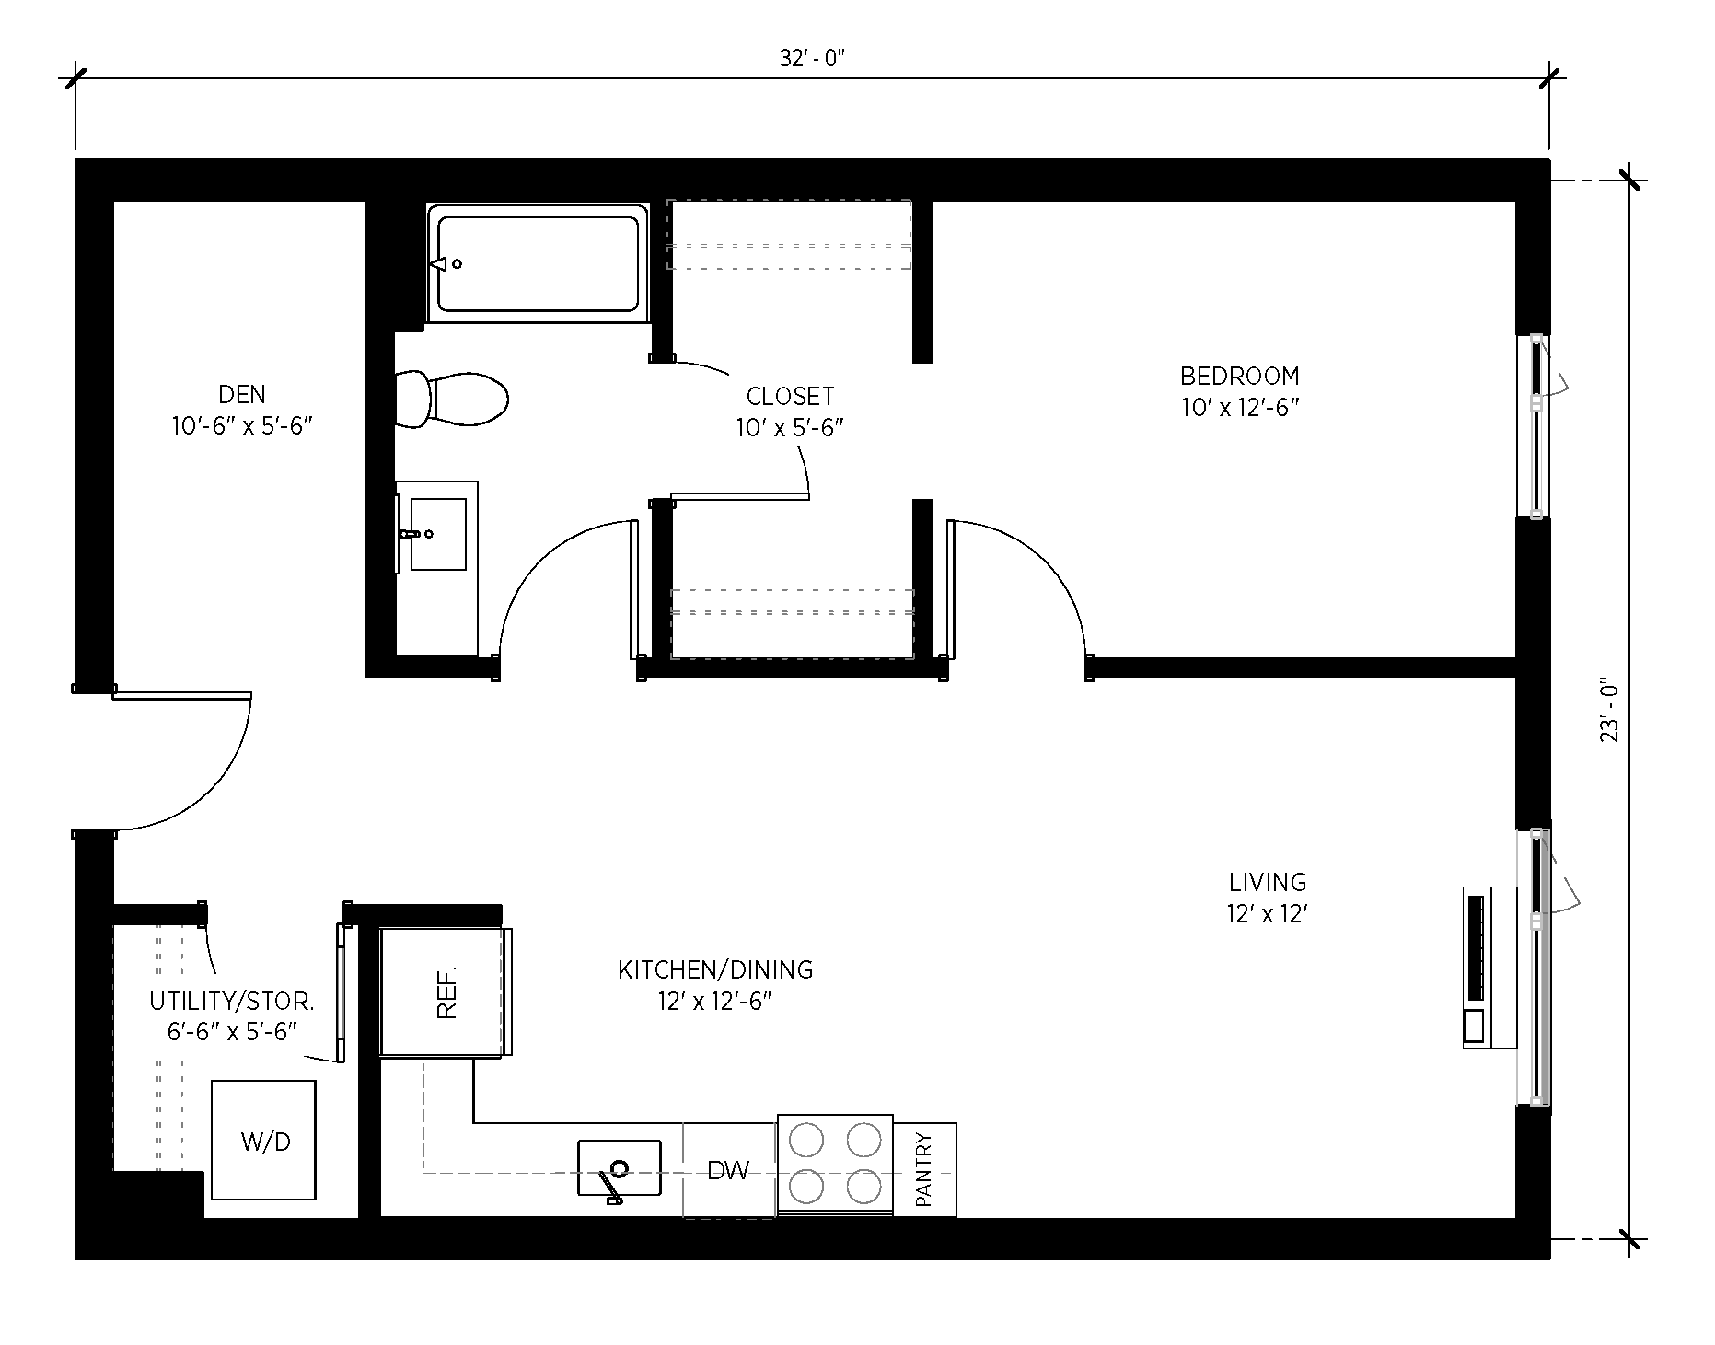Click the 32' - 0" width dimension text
812,59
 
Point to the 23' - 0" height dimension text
1608,712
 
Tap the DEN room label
242,395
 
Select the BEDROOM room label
1239,376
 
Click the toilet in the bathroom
453,399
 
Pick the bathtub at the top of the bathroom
538,263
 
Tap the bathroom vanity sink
436,534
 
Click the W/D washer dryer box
264,1141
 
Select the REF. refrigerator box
445,992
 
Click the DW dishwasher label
728,1170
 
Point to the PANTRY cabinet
925,1169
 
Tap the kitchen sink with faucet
619,1169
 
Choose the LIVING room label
1268,882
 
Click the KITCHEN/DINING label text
715,969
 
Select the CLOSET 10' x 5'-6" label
790,411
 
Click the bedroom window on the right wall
1535,426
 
